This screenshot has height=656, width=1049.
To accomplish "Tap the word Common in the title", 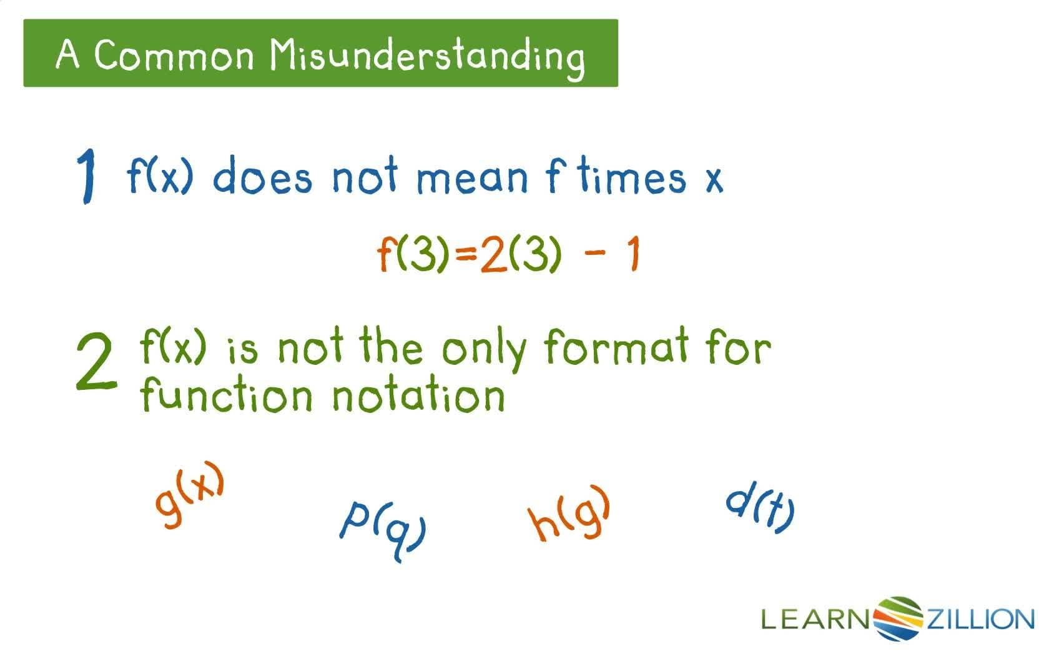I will tap(174, 56).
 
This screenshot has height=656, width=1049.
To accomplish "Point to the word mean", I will tap(472, 177).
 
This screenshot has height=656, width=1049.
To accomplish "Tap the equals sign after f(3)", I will tap(466, 254).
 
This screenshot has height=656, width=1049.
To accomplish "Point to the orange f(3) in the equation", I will tap(413, 254).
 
